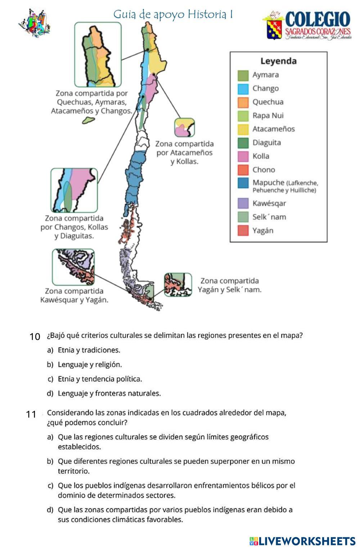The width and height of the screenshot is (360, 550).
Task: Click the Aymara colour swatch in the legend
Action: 243,75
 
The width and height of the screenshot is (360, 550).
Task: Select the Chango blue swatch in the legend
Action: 243,89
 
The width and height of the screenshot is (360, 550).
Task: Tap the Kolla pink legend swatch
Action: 243,157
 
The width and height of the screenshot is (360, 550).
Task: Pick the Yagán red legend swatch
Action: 243,231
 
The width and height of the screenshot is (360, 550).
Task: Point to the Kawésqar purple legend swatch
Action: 243,204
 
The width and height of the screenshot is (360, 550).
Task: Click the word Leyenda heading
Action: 278,61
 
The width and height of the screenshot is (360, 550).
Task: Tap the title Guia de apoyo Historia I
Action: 173,14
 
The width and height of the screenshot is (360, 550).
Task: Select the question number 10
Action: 35,337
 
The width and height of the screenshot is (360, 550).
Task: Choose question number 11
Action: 31,414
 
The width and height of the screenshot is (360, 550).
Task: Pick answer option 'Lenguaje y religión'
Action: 90,365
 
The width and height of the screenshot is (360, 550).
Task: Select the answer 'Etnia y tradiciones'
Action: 89,350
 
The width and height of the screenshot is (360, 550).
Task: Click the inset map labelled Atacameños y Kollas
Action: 184,127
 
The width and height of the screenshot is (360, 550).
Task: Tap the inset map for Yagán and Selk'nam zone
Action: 178,285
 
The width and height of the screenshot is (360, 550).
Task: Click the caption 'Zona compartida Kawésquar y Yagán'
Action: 74,296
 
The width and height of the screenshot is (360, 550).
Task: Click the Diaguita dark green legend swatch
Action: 243,143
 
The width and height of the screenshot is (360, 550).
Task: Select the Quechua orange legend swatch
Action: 243,102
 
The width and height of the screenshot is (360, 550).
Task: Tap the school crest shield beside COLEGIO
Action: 274,30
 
